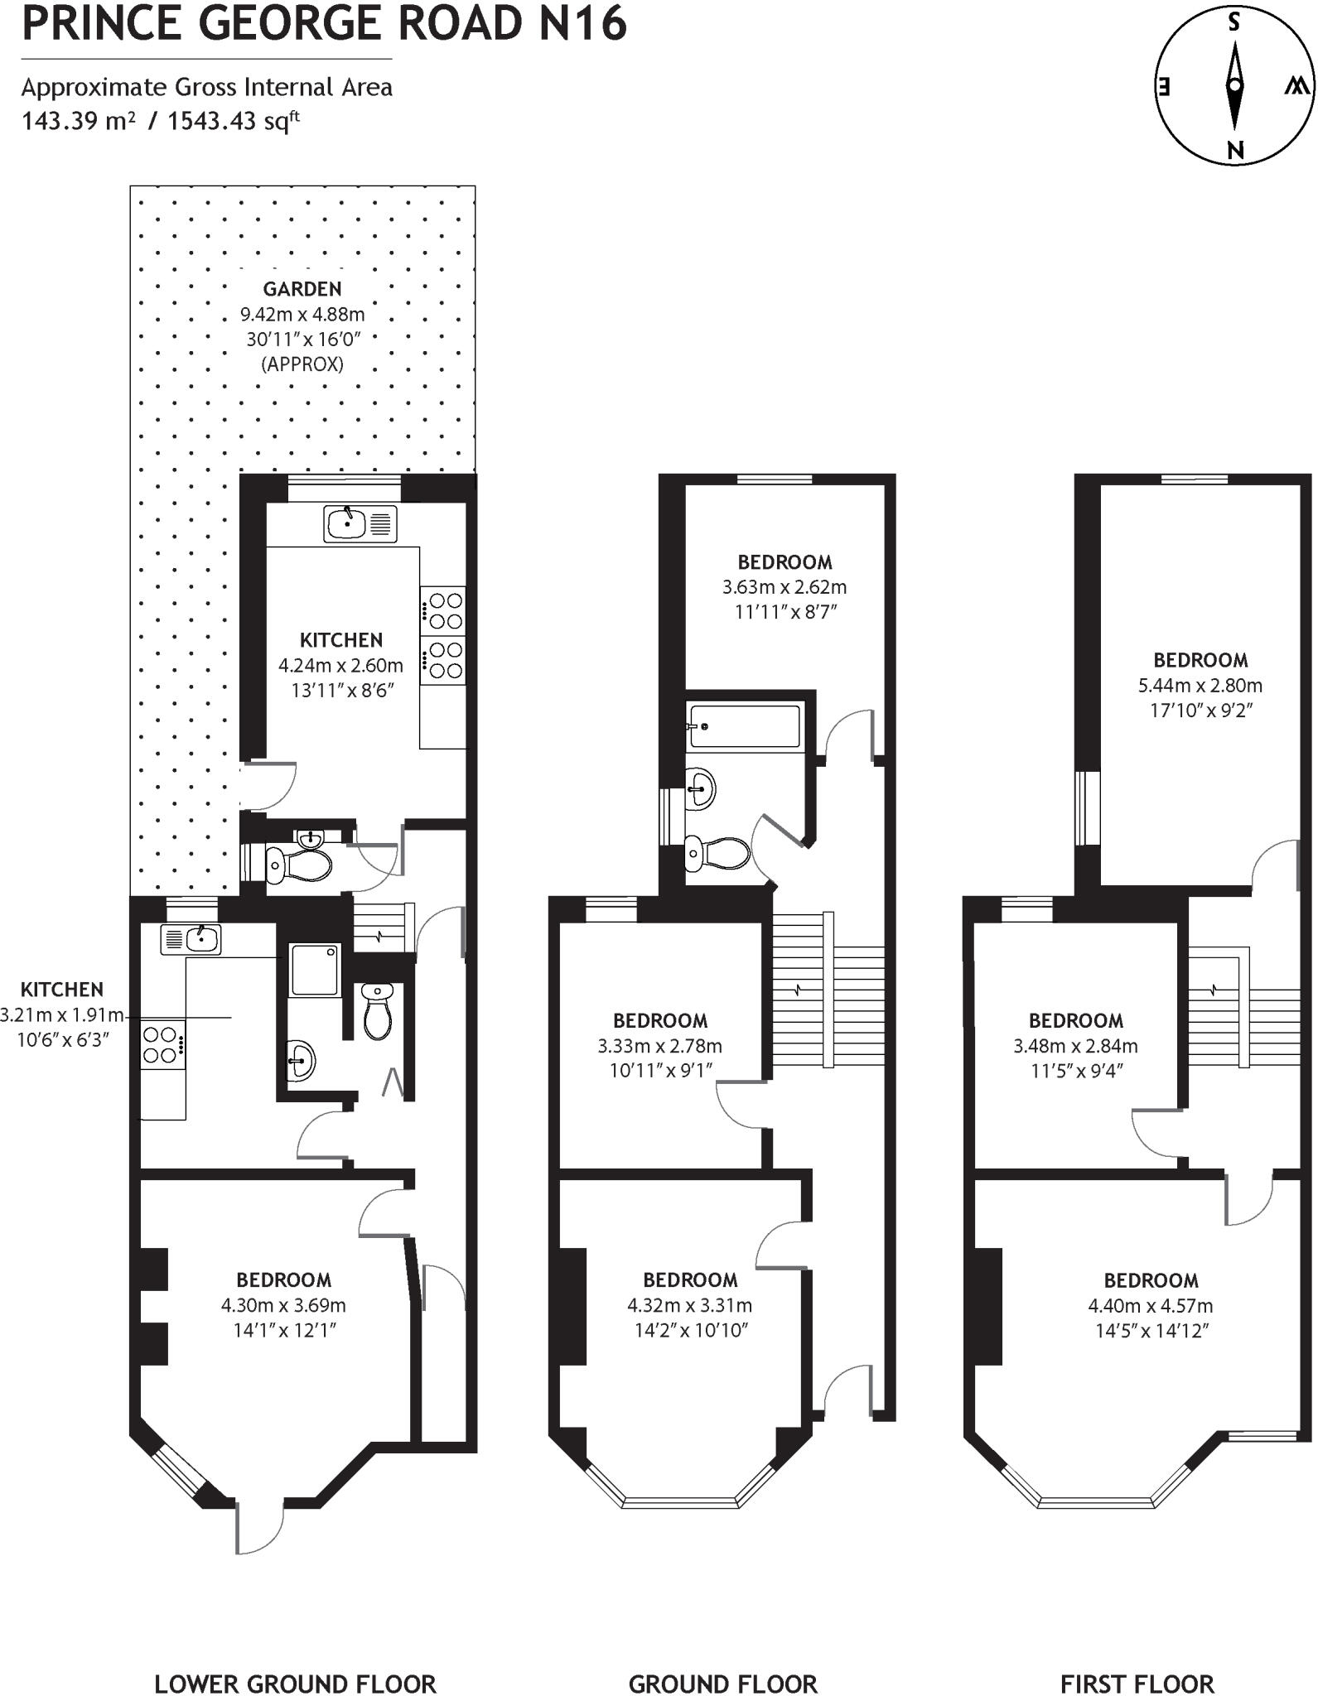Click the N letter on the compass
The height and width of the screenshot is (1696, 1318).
(1235, 151)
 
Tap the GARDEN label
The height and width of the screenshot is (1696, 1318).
(302, 289)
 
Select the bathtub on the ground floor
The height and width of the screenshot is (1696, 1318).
(745, 726)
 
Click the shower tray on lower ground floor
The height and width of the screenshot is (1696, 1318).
(314, 969)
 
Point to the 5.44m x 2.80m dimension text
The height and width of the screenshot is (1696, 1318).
(1200, 685)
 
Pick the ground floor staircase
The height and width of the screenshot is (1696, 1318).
(827, 990)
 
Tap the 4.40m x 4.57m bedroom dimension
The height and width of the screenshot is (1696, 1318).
(1150, 1306)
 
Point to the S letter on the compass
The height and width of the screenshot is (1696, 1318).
(1234, 23)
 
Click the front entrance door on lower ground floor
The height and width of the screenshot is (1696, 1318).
(258, 1528)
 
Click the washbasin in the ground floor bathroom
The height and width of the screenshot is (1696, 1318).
(701, 788)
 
